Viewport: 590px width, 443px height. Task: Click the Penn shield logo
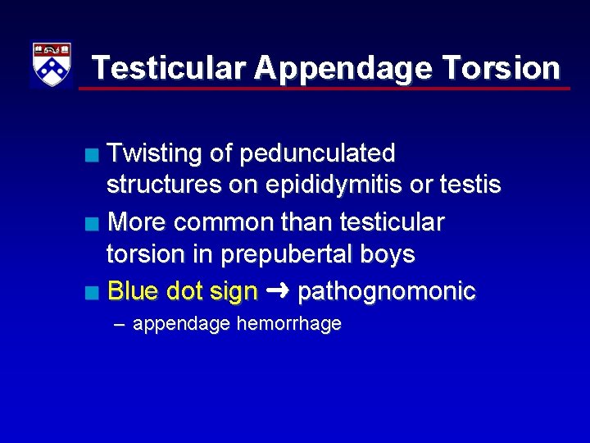tap(51, 65)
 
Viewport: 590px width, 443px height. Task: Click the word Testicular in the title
tap(168, 67)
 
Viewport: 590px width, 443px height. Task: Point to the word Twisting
tap(155, 153)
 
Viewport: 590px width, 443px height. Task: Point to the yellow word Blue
tap(133, 290)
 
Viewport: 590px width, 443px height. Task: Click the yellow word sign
tap(233, 290)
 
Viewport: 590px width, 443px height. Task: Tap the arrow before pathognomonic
tap(278, 290)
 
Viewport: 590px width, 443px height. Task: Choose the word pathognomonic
tap(386, 290)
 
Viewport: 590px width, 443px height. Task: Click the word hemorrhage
tap(288, 324)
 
